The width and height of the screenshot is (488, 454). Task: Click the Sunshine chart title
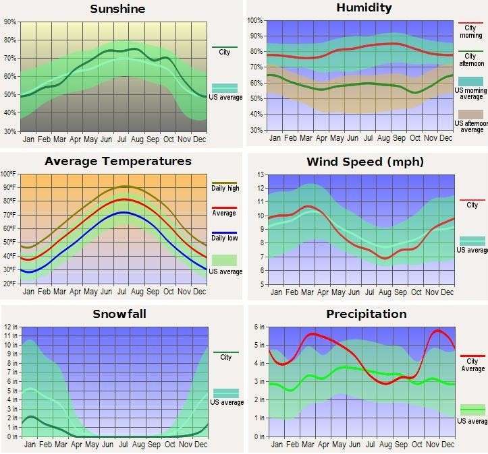117,9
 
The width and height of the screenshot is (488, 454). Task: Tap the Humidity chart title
364,8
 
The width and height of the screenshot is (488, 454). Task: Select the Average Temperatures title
118,161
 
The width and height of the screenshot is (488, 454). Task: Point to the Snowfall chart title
119,314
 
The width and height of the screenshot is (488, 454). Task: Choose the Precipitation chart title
366,314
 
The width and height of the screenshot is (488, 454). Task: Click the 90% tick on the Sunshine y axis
9,22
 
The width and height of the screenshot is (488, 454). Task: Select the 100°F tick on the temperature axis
9,174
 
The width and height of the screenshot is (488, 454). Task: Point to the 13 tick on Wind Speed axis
260,174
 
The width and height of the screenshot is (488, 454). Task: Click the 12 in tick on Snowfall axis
9,327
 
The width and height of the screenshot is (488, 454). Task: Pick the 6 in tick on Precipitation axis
258,327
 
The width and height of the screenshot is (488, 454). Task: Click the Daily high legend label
225,189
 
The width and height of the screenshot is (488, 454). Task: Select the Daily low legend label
225,238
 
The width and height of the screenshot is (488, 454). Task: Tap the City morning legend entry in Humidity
471,31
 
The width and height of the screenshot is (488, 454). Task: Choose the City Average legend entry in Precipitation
472,364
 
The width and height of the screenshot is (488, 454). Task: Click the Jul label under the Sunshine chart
122,139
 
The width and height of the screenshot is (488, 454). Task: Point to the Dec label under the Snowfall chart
200,445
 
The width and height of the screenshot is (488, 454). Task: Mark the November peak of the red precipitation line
439,331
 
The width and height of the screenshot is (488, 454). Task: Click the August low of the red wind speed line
384,259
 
